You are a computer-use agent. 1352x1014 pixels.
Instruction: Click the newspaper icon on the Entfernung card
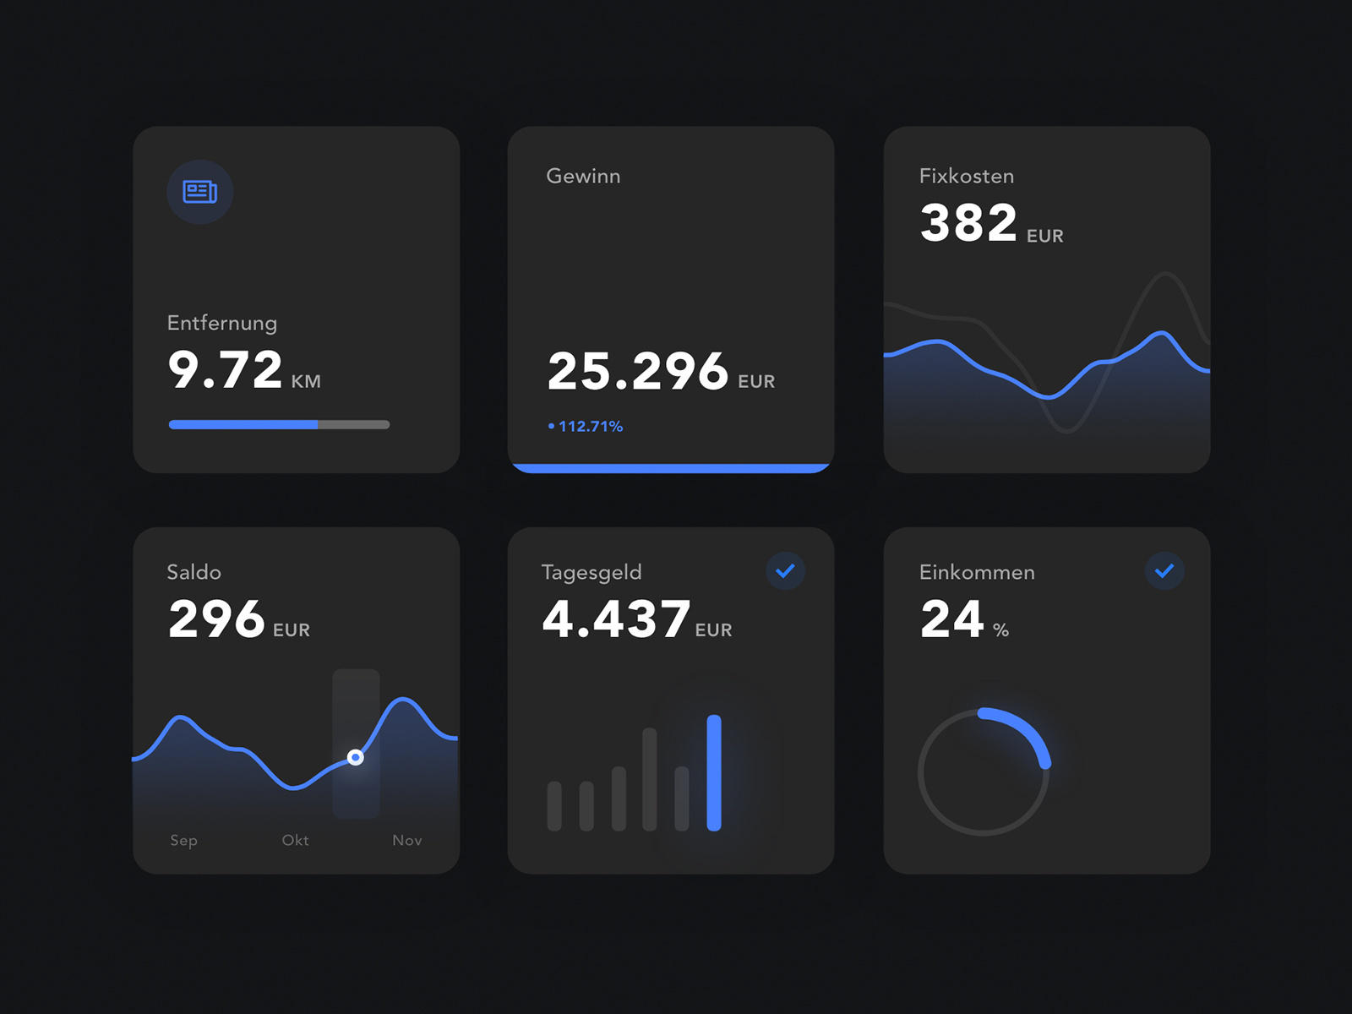click(200, 193)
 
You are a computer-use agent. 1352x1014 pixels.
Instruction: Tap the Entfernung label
click(222, 323)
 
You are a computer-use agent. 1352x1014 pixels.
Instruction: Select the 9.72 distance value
click(225, 370)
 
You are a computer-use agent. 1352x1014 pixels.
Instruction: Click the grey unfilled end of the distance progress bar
click(354, 425)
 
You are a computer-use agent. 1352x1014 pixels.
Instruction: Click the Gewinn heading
click(583, 176)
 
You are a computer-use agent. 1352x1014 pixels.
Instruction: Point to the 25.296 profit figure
click(637, 371)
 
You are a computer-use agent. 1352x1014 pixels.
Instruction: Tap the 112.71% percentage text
click(590, 427)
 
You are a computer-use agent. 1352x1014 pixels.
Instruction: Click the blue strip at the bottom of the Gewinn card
click(671, 468)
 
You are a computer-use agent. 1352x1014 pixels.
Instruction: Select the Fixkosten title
click(967, 176)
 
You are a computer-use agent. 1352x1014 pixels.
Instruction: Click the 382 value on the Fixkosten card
click(968, 223)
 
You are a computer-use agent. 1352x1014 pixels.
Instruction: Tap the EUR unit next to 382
click(1045, 237)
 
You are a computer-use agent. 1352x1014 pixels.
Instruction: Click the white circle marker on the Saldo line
click(356, 757)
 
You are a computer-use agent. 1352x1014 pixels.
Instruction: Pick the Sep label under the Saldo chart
click(183, 840)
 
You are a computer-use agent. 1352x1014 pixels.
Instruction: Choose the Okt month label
click(295, 840)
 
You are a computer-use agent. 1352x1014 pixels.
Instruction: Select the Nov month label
click(406, 840)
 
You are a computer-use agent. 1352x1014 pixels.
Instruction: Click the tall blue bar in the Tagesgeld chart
click(714, 773)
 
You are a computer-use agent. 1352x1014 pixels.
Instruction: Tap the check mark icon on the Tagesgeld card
click(785, 571)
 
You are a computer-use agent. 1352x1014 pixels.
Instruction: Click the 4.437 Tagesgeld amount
click(616, 619)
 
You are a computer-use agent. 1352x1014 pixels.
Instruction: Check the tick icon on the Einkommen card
click(1164, 571)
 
